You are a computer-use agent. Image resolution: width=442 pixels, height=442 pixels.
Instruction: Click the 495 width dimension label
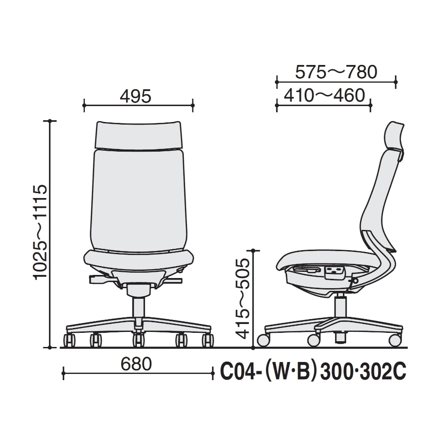point(136,96)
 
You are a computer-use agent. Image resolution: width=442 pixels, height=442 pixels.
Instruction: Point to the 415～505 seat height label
point(243,298)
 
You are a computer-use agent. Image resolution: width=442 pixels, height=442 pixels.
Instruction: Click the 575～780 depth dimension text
point(336,72)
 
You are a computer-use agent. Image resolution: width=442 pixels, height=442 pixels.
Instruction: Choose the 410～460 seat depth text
point(324,95)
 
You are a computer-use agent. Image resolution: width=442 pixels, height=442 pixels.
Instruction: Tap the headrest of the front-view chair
point(138,135)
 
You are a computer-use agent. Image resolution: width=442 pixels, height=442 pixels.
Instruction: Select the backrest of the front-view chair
point(138,200)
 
